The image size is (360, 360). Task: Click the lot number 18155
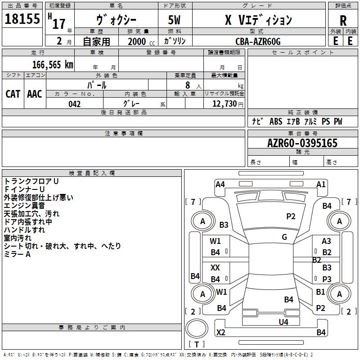pos(22,19)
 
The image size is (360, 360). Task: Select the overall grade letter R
pos(343,21)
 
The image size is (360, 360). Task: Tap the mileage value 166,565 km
pos(53,65)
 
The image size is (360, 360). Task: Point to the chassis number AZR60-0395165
pos(302,143)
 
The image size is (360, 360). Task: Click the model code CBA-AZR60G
pos(258,41)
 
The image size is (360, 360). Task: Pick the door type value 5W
pos(174,20)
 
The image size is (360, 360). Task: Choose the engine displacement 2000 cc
pos(141,42)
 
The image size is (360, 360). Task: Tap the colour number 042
pos(74,104)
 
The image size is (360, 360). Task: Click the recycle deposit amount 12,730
pos(225,104)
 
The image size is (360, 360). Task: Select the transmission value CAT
pos(13,94)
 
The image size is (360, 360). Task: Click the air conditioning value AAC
pos(35,94)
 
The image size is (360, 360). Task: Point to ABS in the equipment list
pos(276,121)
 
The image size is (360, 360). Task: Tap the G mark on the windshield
pos(284,237)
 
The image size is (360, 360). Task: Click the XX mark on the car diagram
pos(215,267)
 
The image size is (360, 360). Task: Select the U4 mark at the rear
pos(283,322)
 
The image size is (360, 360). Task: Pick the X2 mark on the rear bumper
pos(220,332)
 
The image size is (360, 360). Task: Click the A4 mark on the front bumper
pos(220,184)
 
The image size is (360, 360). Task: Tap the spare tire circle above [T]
pos(197,328)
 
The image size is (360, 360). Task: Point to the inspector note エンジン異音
pos(24,206)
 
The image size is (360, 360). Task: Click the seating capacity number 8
pos(188,85)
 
